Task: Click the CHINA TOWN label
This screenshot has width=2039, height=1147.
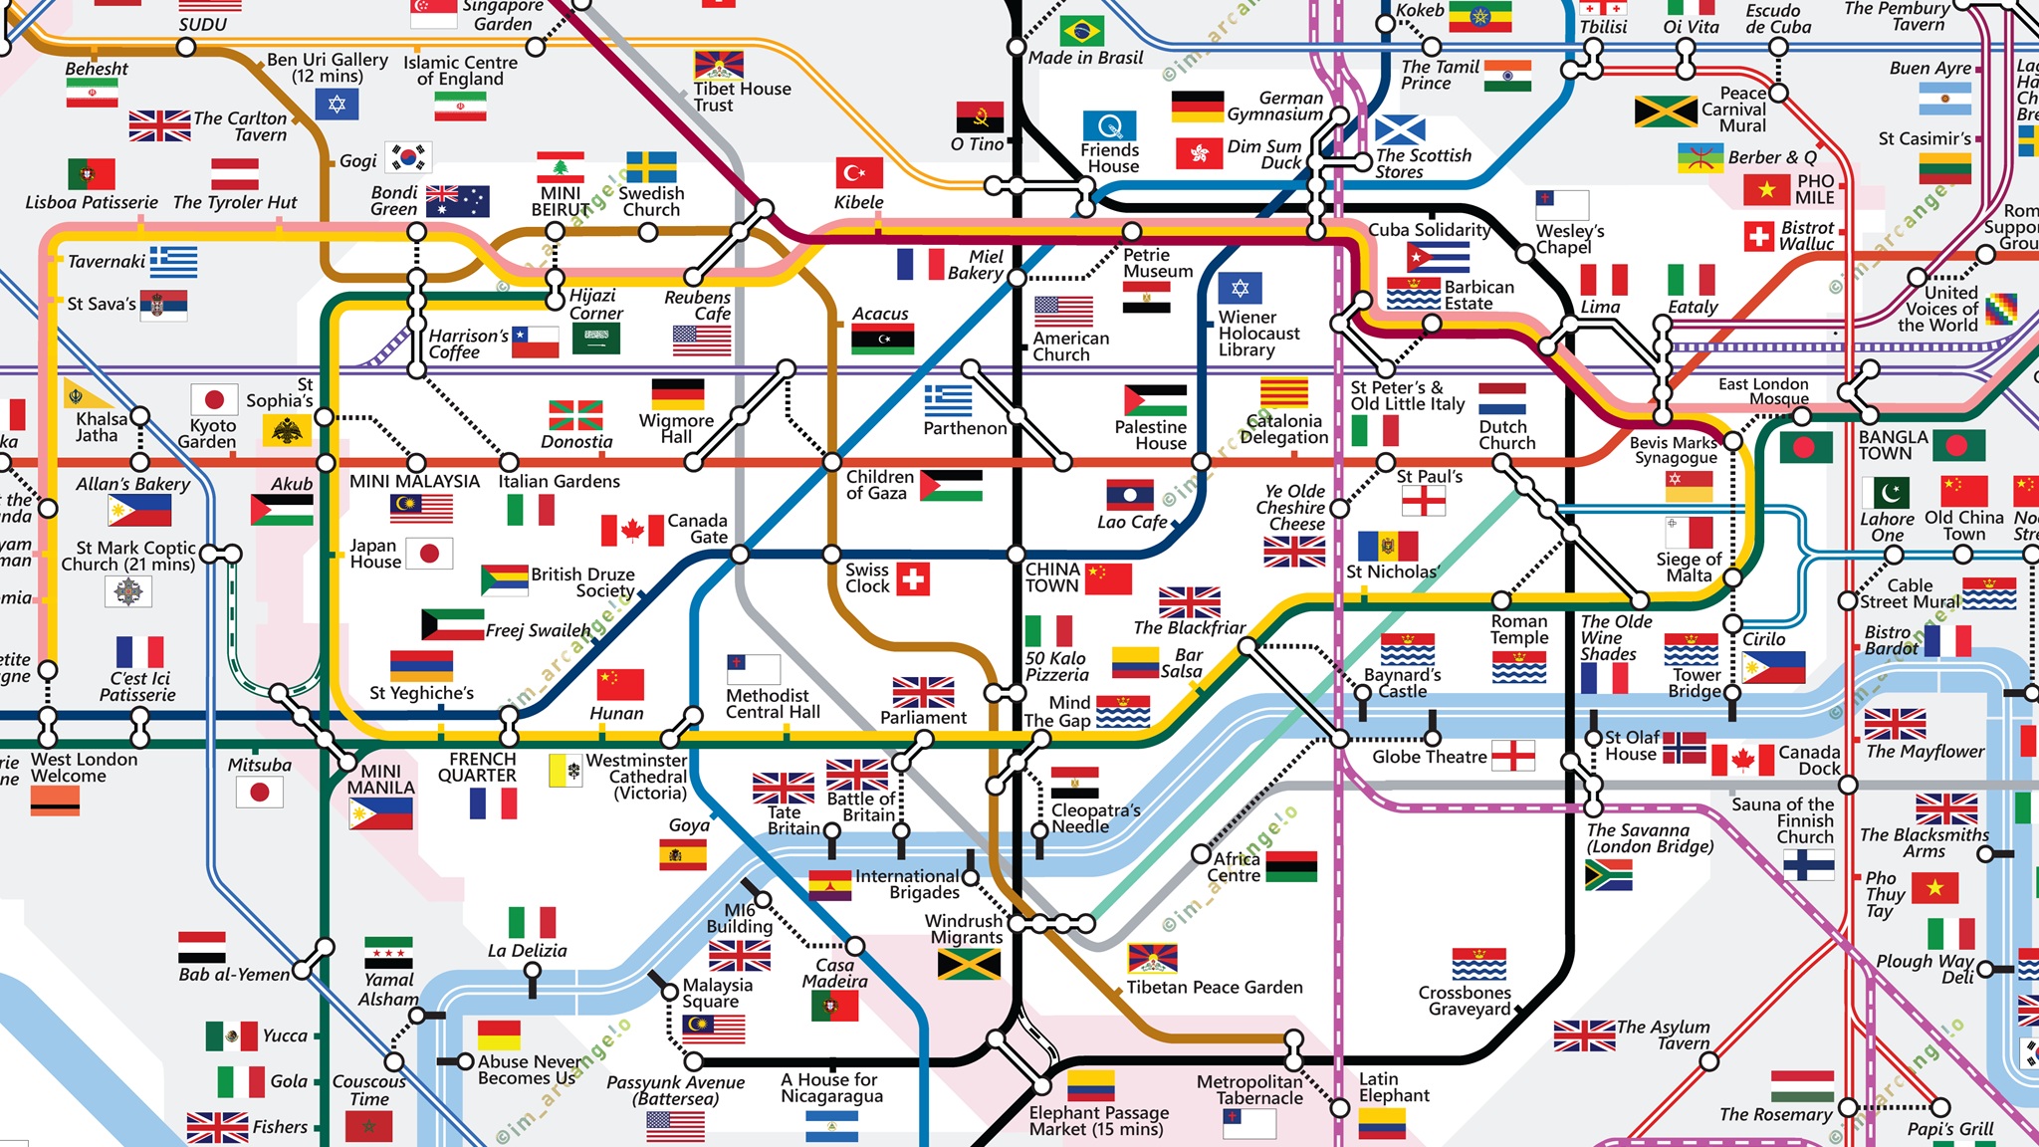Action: coord(1051,577)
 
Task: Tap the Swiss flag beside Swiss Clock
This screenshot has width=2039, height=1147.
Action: coord(913,578)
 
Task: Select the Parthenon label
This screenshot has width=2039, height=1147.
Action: coord(964,428)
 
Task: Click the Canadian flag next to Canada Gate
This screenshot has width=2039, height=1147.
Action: coord(632,530)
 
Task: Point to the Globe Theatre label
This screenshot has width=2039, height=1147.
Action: coord(1429,757)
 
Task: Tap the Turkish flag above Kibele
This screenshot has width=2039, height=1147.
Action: coord(858,172)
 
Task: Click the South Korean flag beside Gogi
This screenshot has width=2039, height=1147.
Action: coord(407,157)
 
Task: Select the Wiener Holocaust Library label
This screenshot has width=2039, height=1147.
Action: coord(1258,334)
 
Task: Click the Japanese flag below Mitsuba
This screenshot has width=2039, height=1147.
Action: coord(260,793)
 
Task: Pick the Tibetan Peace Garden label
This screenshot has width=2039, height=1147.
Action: coord(1214,987)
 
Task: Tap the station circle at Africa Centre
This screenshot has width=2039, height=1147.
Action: coord(1202,854)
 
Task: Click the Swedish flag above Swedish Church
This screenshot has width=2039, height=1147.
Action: coord(651,167)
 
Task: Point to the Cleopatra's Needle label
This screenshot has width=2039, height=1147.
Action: coord(1095,818)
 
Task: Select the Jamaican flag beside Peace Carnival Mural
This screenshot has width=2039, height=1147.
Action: coord(1665,112)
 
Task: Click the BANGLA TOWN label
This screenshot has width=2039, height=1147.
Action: coord(1892,445)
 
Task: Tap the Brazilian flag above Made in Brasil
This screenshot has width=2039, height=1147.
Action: coord(1081,31)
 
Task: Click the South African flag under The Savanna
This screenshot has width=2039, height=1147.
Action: coord(1608,875)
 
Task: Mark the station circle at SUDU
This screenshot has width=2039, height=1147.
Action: coord(186,47)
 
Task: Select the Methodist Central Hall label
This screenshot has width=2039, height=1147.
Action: coord(773,704)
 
